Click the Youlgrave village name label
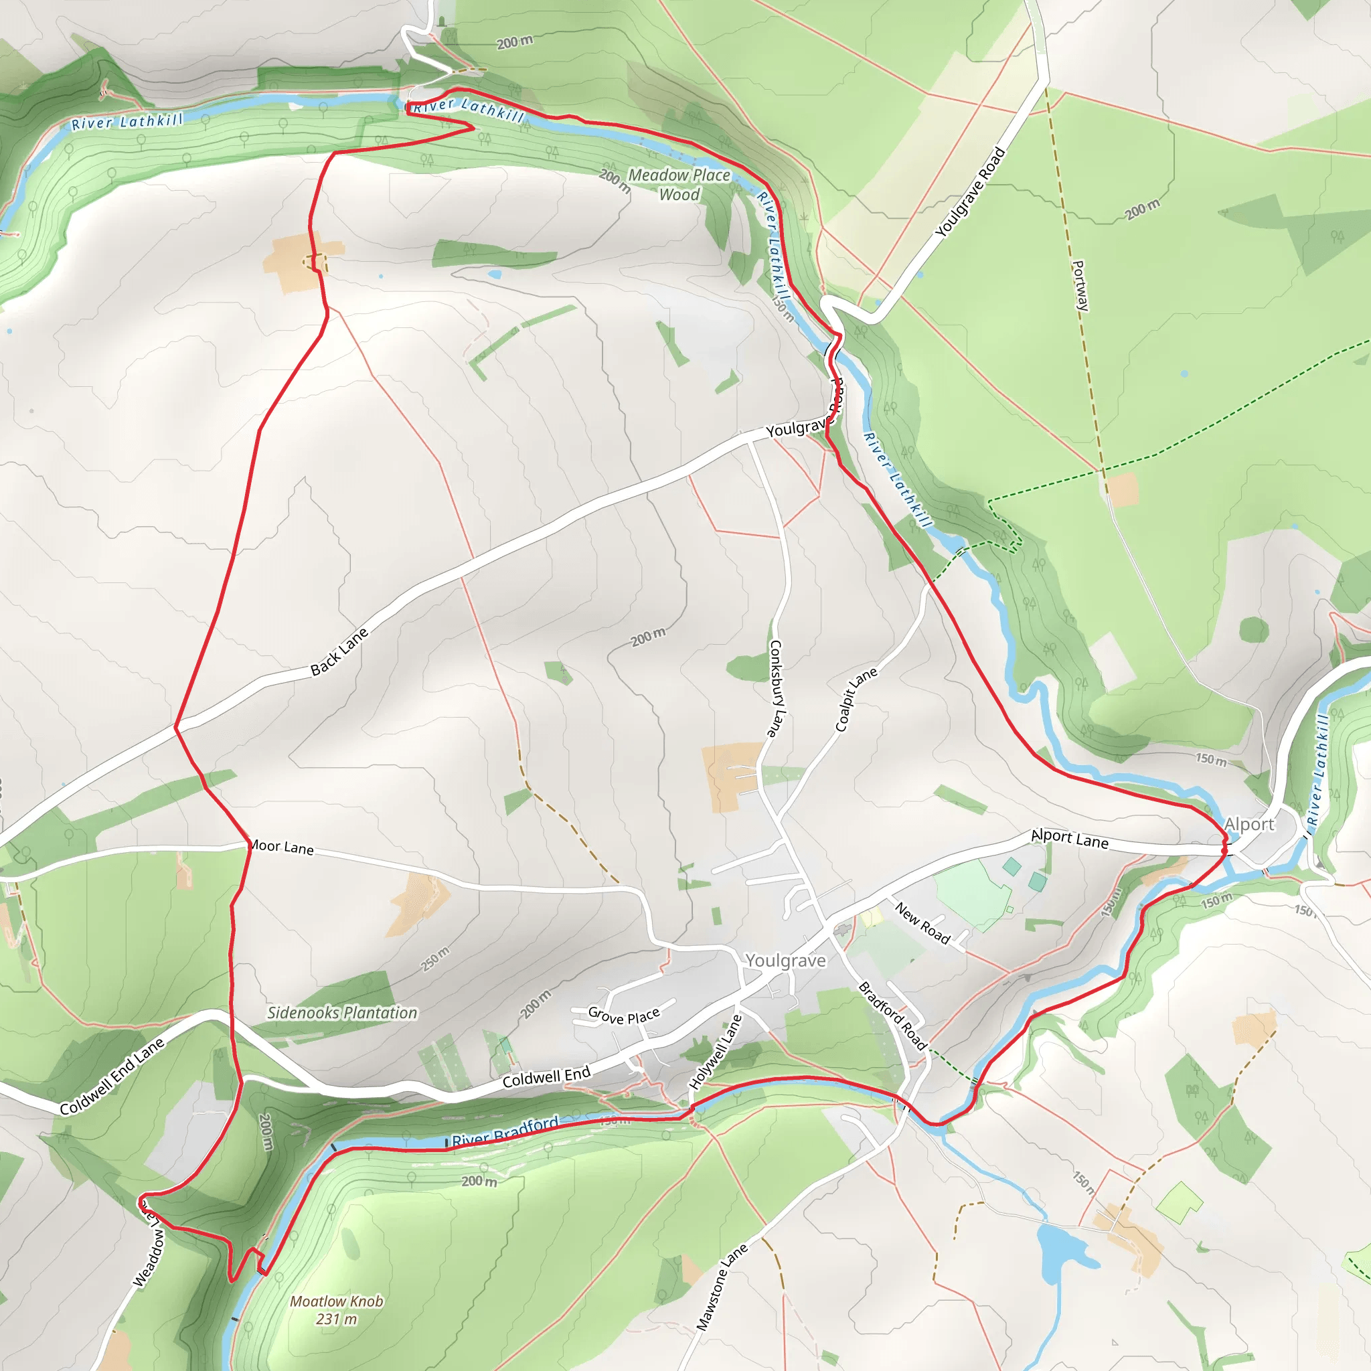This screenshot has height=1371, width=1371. (x=785, y=960)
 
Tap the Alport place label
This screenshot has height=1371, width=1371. (x=1249, y=824)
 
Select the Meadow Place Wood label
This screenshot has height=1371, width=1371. (x=679, y=185)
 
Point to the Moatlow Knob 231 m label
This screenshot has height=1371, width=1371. (x=336, y=1310)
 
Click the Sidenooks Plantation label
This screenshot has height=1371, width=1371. (x=342, y=1013)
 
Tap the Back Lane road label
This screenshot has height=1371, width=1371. (x=339, y=651)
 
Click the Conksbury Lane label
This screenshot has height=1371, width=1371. (x=778, y=688)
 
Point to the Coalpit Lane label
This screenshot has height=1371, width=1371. (x=856, y=699)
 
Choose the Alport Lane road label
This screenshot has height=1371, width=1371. (x=1069, y=839)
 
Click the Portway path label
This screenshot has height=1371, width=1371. (x=1079, y=285)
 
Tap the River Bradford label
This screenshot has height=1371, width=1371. (x=505, y=1131)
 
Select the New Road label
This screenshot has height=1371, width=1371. (x=922, y=922)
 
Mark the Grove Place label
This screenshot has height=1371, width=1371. (x=624, y=1016)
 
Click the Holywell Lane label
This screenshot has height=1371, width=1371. (x=716, y=1052)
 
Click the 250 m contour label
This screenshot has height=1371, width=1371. (x=435, y=959)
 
